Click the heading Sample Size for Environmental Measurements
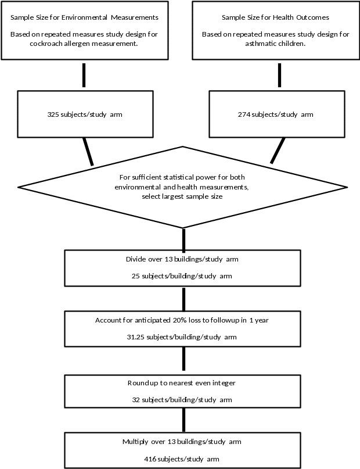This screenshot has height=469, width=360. point(85,18)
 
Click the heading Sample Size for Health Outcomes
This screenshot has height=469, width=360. point(275,18)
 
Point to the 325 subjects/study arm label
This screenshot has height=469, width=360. point(85,114)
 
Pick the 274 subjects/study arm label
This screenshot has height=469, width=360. point(276,114)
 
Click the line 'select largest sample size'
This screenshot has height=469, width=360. point(183,196)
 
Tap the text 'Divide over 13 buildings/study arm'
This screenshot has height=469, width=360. point(182,259)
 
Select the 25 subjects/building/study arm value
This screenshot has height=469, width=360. point(182,276)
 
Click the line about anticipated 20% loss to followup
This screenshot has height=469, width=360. point(182,320)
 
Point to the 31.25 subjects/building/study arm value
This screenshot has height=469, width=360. point(182,337)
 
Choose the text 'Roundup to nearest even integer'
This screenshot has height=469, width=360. point(182,384)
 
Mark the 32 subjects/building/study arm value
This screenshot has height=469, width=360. point(182,400)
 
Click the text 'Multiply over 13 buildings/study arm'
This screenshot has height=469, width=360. point(182,442)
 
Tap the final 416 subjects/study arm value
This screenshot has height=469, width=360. point(182,459)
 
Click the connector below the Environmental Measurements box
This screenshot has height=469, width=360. point(84,75)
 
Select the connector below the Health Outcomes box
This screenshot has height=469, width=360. point(280,75)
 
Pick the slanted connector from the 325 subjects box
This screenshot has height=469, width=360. point(88,151)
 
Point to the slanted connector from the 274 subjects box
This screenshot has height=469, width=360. point(278,151)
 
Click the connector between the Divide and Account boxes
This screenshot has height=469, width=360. point(184,299)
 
